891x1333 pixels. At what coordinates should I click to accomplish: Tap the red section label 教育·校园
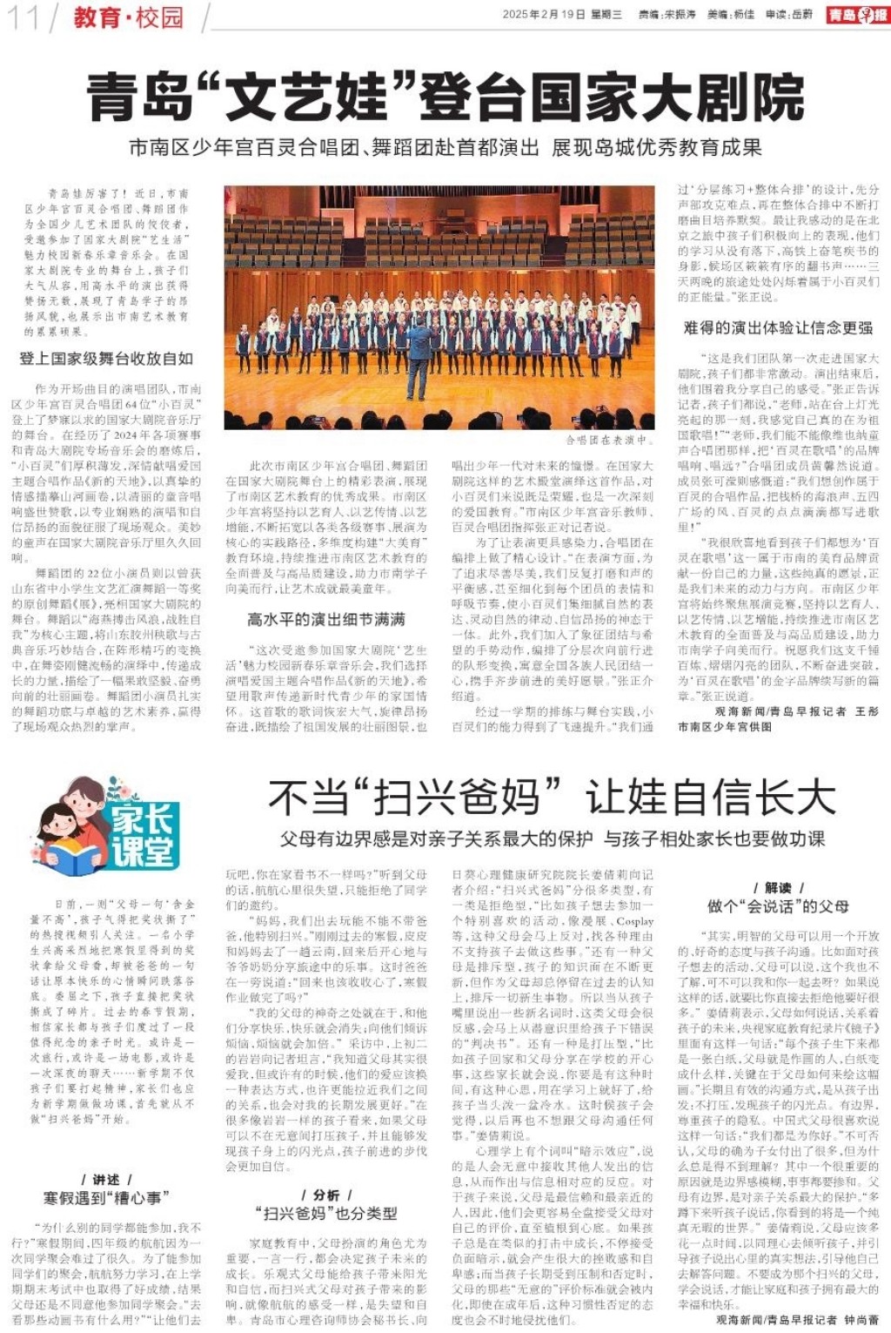click(128, 17)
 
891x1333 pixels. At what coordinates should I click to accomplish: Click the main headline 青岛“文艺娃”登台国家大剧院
click(445, 98)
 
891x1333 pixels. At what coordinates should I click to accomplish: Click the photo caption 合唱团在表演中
click(607, 441)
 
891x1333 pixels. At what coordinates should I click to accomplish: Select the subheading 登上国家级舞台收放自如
click(106, 359)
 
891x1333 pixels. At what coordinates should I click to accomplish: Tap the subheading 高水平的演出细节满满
click(326, 619)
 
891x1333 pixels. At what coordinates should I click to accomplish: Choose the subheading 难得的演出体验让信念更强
click(779, 328)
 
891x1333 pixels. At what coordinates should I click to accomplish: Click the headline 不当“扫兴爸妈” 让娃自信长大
click(552, 796)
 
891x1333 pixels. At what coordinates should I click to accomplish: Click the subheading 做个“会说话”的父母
click(778, 905)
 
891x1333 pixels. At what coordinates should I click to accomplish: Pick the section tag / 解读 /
click(778, 887)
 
